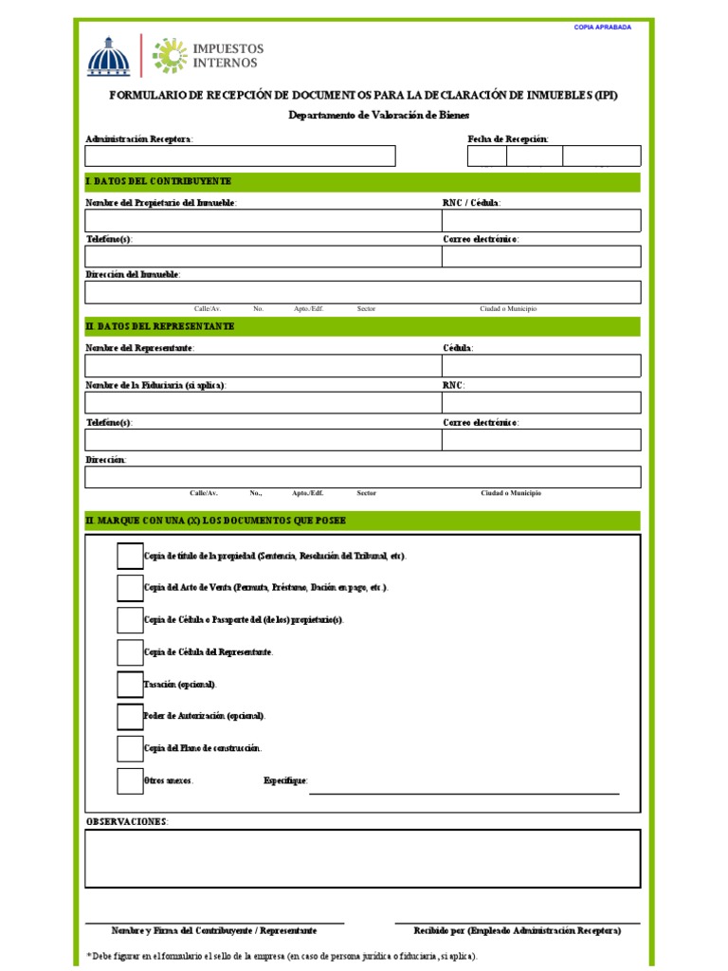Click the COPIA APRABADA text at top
(x=602, y=27)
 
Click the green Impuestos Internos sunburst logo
(x=170, y=56)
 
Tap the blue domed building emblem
(x=106, y=57)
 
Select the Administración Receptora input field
(x=240, y=156)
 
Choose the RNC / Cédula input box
(x=540, y=221)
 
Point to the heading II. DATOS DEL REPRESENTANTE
(x=161, y=326)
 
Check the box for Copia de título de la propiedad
(x=130, y=556)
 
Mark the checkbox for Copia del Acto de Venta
(x=130, y=588)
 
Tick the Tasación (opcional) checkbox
(x=130, y=684)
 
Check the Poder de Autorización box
(x=130, y=716)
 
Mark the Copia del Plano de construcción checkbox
(x=130, y=748)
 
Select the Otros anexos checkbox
(x=130, y=780)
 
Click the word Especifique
(x=285, y=780)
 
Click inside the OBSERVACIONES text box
(x=362, y=858)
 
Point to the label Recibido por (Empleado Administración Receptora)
(x=518, y=931)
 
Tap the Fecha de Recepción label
(x=508, y=139)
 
